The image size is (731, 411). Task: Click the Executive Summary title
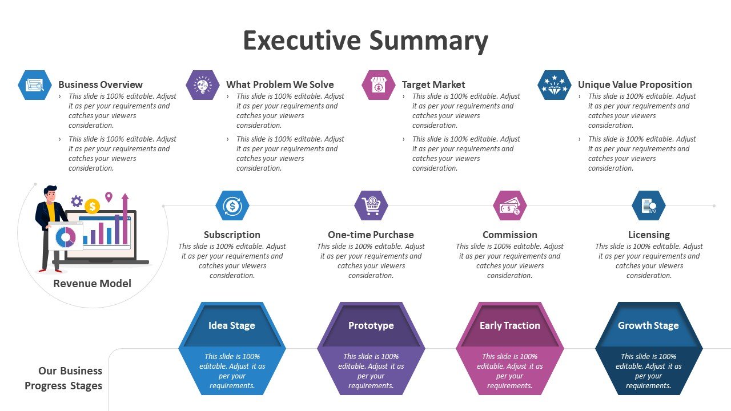click(365, 41)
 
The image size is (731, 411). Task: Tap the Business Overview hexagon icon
click(35, 85)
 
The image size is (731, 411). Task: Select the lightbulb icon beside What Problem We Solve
click(203, 85)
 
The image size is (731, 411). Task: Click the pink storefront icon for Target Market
click(379, 85)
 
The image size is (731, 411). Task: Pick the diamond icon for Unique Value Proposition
click(555, 85)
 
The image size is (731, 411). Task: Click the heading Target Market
click(433, 84)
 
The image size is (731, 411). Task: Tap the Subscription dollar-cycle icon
click(232, 205)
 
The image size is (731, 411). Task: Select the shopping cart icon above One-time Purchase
click(371, 205)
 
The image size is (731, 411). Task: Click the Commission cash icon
click(510, 205)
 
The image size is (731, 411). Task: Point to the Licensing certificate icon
click(649, 205)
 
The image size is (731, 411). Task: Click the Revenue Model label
click(93, 283)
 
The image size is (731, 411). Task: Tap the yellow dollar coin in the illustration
click(92, 206)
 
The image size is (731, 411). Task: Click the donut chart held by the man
click(66, 237)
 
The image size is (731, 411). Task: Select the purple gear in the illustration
click(77, 202)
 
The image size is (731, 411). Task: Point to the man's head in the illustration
click(51, 194)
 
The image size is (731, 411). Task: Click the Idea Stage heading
click(232, 325)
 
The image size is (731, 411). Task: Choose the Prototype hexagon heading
click(371, 325)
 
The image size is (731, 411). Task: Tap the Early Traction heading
click(510, 325)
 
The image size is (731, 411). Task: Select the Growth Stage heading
click(648, 325)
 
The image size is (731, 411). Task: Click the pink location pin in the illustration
click(109, 197)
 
